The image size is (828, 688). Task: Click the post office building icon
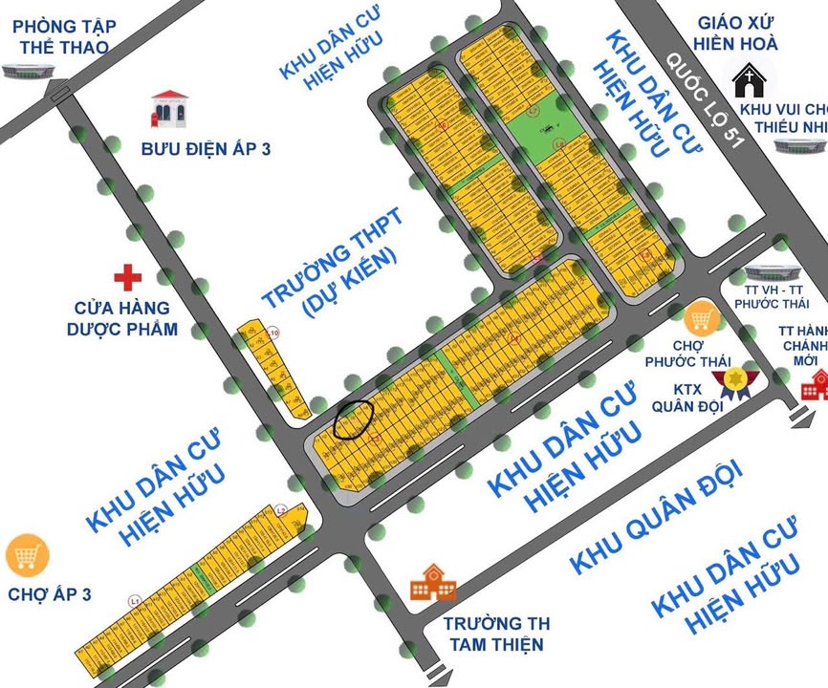coord(168,110)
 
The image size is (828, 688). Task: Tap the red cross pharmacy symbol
coord(127,278)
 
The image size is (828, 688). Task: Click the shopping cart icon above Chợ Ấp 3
coord(27,555)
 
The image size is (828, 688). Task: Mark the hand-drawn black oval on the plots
coord(353,419)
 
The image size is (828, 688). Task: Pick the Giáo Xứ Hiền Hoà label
coord(737,32)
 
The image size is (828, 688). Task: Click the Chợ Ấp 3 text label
coord(49,594)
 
